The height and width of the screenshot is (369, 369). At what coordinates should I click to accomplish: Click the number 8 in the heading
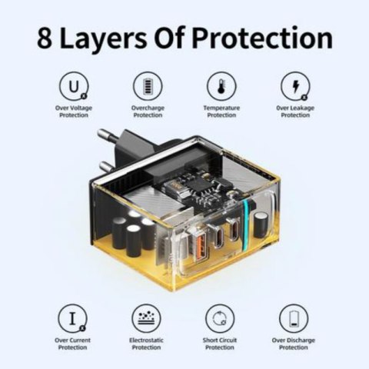48,37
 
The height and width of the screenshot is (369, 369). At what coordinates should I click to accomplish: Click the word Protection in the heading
264,38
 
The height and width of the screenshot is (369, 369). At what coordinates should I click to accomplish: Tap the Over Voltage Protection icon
74,85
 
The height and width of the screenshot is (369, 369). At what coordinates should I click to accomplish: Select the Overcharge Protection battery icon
147,85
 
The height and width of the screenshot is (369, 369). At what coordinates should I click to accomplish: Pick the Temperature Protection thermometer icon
220,85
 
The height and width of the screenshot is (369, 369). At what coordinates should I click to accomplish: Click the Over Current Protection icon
74,317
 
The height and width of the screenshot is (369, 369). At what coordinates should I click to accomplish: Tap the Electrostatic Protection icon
147,317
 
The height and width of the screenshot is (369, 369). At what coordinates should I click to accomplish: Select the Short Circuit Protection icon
220,317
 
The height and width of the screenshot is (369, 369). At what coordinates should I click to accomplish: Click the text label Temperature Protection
220,112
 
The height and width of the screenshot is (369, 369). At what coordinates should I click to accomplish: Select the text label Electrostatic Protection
147,344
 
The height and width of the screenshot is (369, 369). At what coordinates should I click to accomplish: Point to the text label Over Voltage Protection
74,112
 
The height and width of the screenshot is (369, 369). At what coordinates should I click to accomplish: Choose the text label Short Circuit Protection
220,344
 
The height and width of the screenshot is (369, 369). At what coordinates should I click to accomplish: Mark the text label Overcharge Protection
147,112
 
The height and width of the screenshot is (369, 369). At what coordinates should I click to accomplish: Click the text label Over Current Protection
74,344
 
